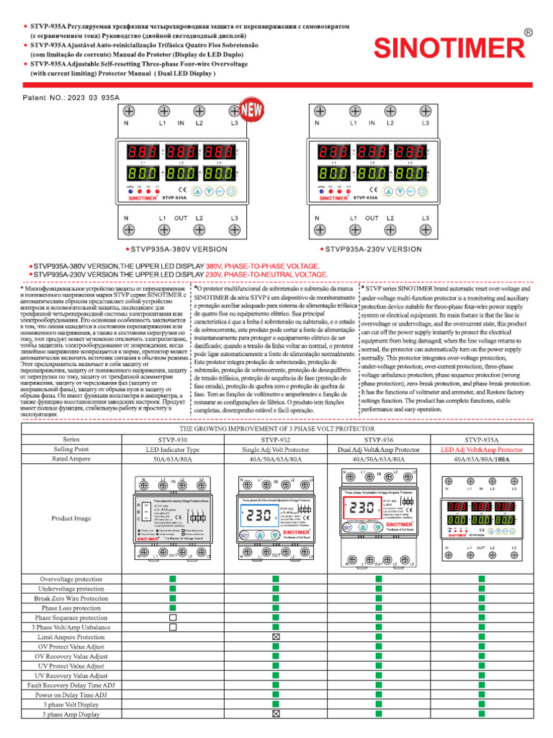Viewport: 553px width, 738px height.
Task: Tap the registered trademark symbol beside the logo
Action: click(529, 33)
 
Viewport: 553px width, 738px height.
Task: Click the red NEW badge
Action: click(251, 111)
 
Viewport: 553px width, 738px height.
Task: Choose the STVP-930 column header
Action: click(173, 438)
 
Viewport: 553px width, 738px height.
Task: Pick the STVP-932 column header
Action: click(276, 438)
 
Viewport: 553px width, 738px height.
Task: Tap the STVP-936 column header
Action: click(379, 438)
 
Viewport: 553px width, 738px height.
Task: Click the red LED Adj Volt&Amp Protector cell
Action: click(482, 448)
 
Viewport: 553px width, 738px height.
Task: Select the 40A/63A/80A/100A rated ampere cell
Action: click(482, 458)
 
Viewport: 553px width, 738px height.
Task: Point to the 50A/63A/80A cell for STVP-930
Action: click(173, 458)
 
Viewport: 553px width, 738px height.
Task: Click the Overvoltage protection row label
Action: click(71, 579)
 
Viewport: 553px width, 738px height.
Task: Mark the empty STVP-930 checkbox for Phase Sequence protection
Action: click(173, 618)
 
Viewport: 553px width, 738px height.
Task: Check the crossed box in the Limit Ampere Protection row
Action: click(276, 637)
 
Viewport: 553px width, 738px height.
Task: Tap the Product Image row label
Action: click(71, 517)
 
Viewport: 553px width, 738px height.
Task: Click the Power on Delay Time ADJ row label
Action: click(71, 695)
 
